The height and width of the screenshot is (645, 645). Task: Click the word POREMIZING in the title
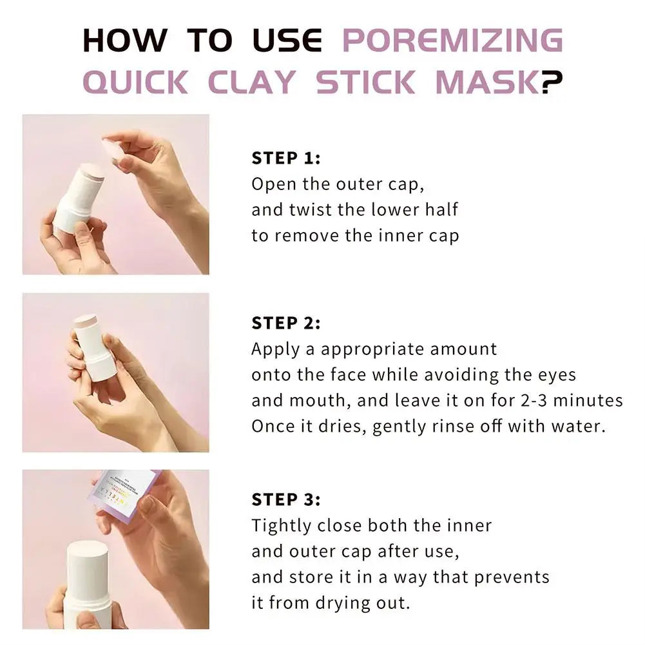[x=452, y=41]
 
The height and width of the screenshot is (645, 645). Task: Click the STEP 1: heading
[x=285, y=159]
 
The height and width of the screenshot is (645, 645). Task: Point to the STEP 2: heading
[x=285, y=323]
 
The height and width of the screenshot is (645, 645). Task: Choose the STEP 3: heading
[x=285, y=499]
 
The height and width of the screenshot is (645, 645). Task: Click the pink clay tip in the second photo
[x=84, y=319]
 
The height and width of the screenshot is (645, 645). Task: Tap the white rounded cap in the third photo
[x=88, y=567]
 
